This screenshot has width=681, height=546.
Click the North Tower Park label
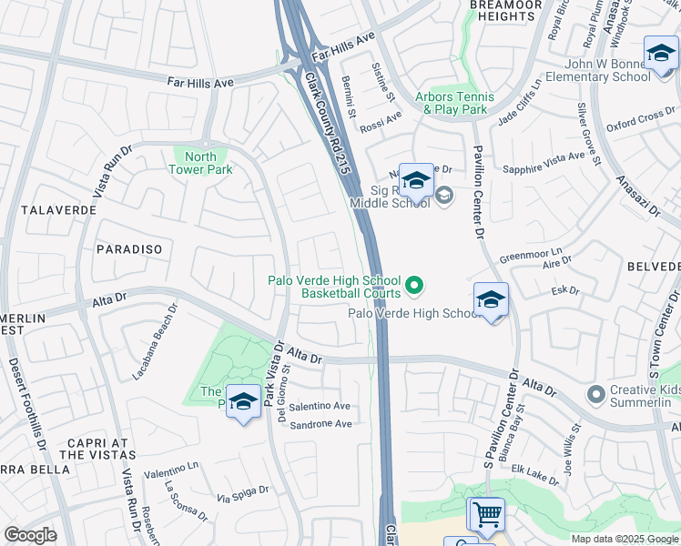pos(202,162)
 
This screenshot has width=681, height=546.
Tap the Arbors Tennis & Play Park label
pos(454,103)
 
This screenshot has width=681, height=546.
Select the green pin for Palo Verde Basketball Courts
pos(414,287)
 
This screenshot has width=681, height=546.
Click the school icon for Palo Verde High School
pos(491,300)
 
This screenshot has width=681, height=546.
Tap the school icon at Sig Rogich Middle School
pos(416,182)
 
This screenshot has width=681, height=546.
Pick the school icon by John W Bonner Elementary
pos(660,55)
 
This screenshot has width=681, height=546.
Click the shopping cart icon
pos(486,514)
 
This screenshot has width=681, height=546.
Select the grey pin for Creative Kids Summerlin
pos(596,394)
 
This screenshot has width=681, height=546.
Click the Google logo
pos(30,535)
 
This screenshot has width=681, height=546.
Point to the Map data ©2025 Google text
pos(624,539)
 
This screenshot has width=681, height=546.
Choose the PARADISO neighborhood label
pos(128,248)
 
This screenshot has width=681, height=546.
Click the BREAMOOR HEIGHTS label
pos(505,10)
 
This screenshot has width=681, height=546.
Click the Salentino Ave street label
pos(320,406)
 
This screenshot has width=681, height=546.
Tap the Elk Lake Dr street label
pos(534,474)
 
